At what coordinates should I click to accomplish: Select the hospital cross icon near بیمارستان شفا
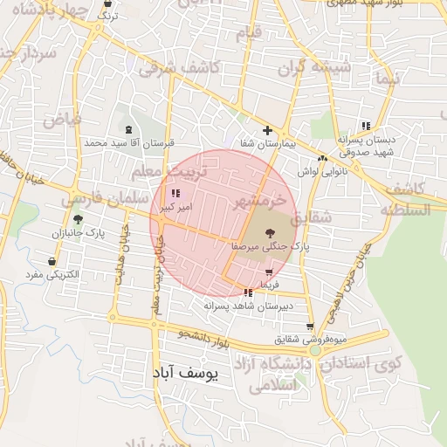tap(267, 130)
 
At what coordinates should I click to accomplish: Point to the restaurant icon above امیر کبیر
tap(175, 193)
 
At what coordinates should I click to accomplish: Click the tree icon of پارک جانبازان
tap(78, 219)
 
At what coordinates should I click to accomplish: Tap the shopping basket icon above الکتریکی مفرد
tap(53, 261)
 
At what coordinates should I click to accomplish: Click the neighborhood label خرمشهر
tap(261, 202)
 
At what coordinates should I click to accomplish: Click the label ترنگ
tap(106, 16)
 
